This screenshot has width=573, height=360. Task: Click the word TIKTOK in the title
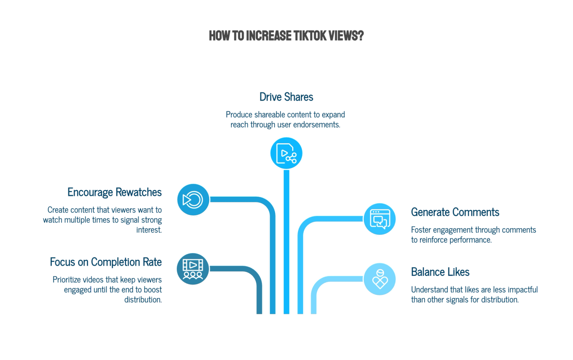tap(309, 36)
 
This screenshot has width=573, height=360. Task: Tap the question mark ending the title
tap(361, 36)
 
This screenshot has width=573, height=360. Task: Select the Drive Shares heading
tap(286, 97)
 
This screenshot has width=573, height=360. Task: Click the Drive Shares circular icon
tap(286, 153)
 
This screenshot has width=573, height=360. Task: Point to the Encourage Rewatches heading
tap(115, 192)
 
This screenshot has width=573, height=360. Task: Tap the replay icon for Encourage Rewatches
tap(193, 200)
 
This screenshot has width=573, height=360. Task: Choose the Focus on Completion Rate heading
tap(106, 262)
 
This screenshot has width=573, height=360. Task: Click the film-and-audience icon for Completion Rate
tap(193, 269)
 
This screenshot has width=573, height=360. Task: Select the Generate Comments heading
tap(455, 212)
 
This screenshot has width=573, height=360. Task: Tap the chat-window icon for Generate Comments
tap(380, 219)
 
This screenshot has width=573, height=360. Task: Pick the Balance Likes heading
tap(440, 272)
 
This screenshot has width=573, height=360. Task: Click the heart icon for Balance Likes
tap(380, 279)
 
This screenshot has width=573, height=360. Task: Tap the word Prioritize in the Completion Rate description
tap(66, 280)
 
